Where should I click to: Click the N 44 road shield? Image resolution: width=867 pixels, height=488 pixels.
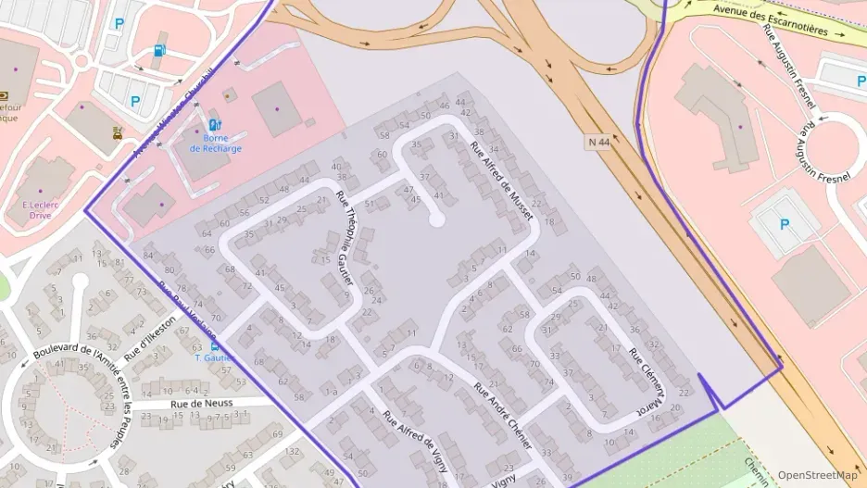point(599,143)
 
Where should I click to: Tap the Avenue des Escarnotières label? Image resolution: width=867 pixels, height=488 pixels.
point(770,18)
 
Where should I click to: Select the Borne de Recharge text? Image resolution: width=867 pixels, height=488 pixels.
point(215,143)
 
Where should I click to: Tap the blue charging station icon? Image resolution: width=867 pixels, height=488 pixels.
point(215,124)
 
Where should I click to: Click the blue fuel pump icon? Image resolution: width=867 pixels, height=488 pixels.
point(159,50)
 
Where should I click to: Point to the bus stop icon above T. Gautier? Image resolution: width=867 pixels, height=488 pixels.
point(215,345)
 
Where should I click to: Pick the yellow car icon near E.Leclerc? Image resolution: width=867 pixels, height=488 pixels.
point(118,131)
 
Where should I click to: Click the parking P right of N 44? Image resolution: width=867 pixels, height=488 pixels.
point(784,223)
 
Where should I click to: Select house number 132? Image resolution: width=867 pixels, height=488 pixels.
point(293,451)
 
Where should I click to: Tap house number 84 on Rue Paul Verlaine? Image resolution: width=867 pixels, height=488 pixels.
point(148,256)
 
